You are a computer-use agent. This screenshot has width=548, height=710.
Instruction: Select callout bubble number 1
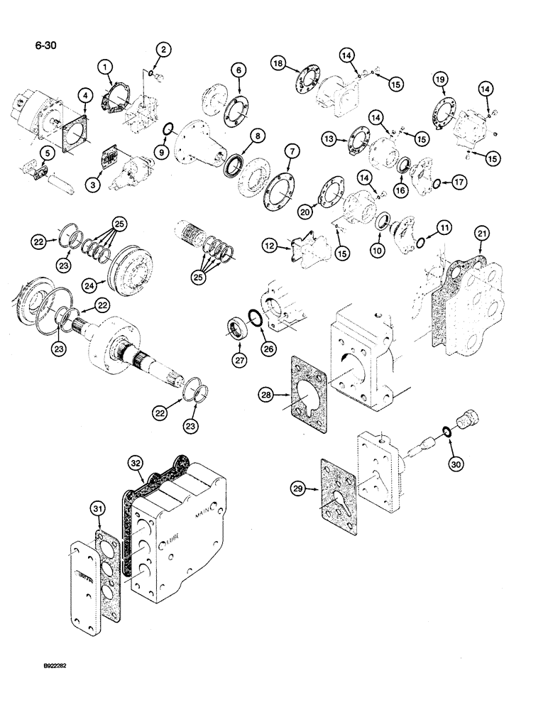pos(106,68)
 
